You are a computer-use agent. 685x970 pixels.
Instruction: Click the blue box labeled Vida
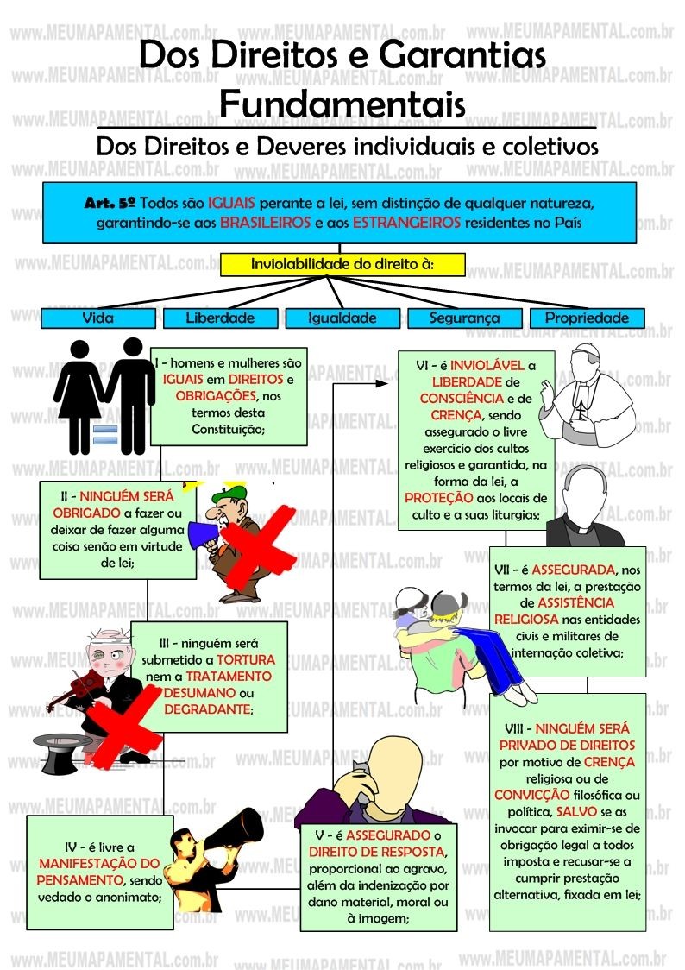point(97,318)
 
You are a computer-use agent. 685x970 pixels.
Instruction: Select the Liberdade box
point(220,318)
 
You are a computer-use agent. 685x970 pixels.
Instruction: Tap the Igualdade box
point(342,318)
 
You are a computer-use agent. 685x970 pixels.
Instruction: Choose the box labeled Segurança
point(464,318)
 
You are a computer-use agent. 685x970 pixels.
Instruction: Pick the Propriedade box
point(587,318)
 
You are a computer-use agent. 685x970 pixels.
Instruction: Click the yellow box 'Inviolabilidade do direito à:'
point(342,264)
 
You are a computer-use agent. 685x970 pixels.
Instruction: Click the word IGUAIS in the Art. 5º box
point(230,205)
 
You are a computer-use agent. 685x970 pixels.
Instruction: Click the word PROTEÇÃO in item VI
point(439,498)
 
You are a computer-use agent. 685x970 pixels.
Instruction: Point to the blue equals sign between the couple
point(104,434)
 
